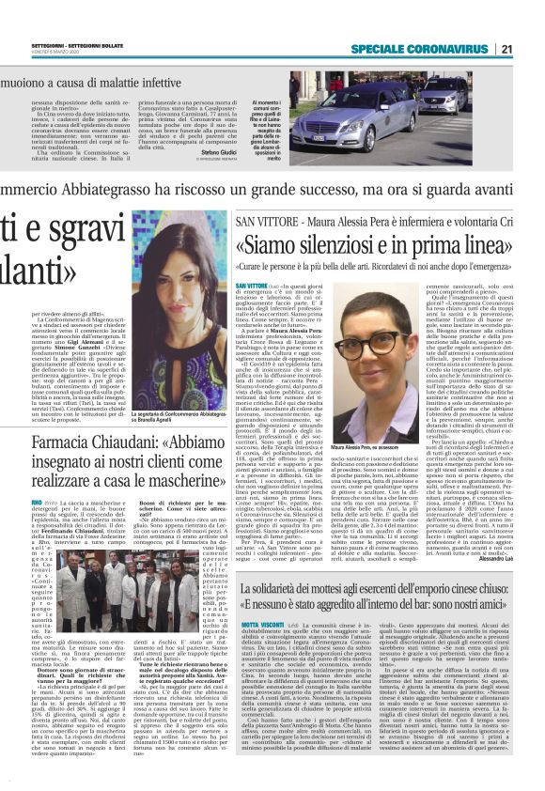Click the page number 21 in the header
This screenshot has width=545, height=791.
pyautogui.click(x=533, y=50)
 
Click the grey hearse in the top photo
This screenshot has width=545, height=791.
pyautogui.click(x=376, y=119)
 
